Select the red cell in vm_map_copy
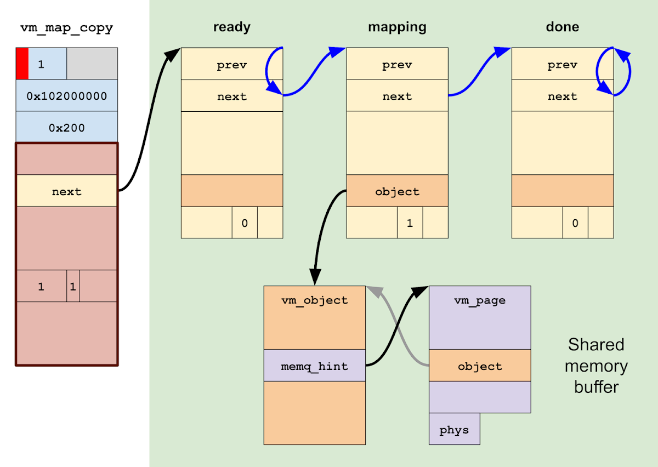[22, 64]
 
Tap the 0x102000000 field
[66, 95]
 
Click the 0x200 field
[66, 127]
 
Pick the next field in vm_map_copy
[66, 191]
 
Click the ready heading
[231, 27]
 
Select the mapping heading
[397, 27]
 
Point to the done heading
[562, 27]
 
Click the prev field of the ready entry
[231, 65]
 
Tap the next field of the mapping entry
[397, 96]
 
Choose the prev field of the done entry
[562, 65]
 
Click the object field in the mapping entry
[397, 191]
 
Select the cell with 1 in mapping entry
[410, 223]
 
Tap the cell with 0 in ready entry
[245, 223]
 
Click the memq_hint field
[314, 366]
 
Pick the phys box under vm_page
[454, 429]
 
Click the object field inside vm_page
[479, 366]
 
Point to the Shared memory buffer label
[596, 366]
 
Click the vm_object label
[314, 300]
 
